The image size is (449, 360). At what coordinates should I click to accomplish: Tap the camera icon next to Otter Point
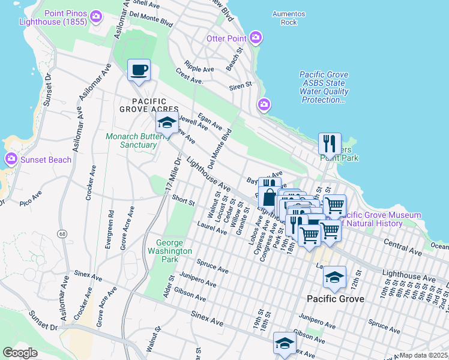pyautogui.click(x=256, y=38)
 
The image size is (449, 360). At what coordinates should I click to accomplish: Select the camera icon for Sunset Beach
pyautogui.click(x=11, y=160)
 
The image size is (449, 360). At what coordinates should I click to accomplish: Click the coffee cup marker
pyautogui.click(x=139, y=70)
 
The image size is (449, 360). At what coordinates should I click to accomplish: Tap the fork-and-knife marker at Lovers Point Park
pyautogui.click(x=329, y=143)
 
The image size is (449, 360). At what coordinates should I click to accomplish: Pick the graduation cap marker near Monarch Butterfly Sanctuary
pyautogui.click(x=167, y=123)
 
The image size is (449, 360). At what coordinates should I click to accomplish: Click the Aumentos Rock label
pyautogui.click(x=289, y=18)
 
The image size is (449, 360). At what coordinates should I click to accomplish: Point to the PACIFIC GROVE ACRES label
pyautogui.click(x=150, y=105)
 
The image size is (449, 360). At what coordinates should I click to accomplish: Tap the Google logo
pyautogui.click(x=20, y=352)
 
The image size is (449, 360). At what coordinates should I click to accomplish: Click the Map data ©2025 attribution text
pyautogui.click(x=424, y=355)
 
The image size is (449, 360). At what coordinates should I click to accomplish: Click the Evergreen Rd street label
pyautogui.click(x=110, y=228)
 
